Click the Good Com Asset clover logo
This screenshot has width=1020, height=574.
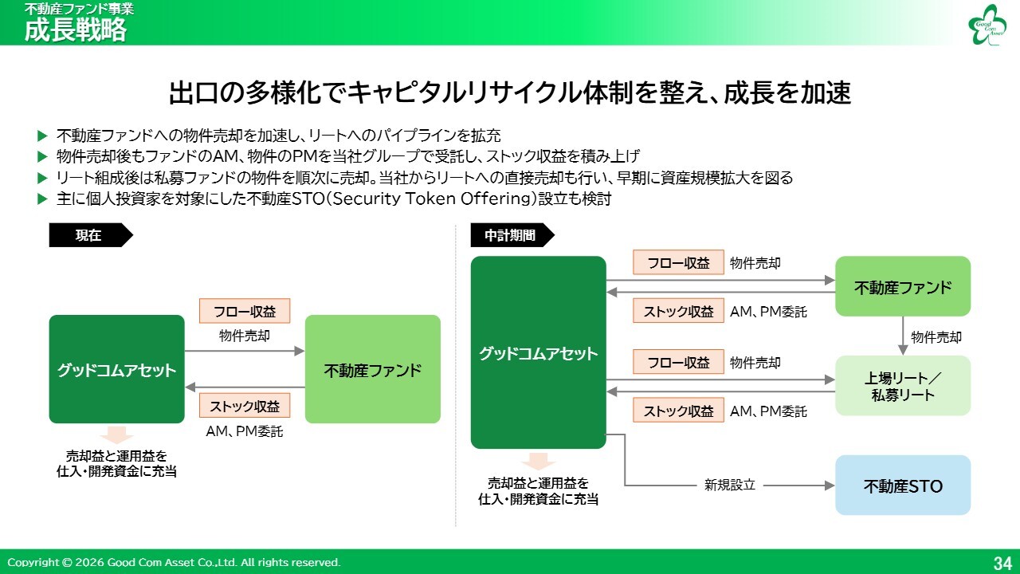(986, 25)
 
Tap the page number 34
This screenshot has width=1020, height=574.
(1002, 563)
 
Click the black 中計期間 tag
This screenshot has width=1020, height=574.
(512, 235)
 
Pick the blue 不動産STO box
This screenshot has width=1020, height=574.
(903, 486)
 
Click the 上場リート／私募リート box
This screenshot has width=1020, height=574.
(903, 385)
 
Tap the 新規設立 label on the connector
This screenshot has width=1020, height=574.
(730, 486)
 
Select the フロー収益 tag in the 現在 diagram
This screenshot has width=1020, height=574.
(245, 311)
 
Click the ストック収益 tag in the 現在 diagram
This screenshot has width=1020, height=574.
(245, 406)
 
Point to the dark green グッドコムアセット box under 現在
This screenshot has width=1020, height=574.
(116, 369)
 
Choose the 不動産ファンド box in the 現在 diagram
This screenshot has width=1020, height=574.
(373, 369)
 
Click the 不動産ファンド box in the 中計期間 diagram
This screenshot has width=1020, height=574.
(903, 286)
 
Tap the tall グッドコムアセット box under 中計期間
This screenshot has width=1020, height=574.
(538, 352)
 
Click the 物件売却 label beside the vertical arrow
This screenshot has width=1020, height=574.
(936, 337)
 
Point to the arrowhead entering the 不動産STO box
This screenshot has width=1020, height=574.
(830, 486)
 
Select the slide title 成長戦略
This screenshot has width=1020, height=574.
(75, 30)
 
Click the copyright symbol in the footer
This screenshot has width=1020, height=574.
(67, 563)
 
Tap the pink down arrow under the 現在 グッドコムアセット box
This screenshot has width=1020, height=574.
(116, 435)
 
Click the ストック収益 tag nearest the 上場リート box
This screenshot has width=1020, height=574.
(678, 411)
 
